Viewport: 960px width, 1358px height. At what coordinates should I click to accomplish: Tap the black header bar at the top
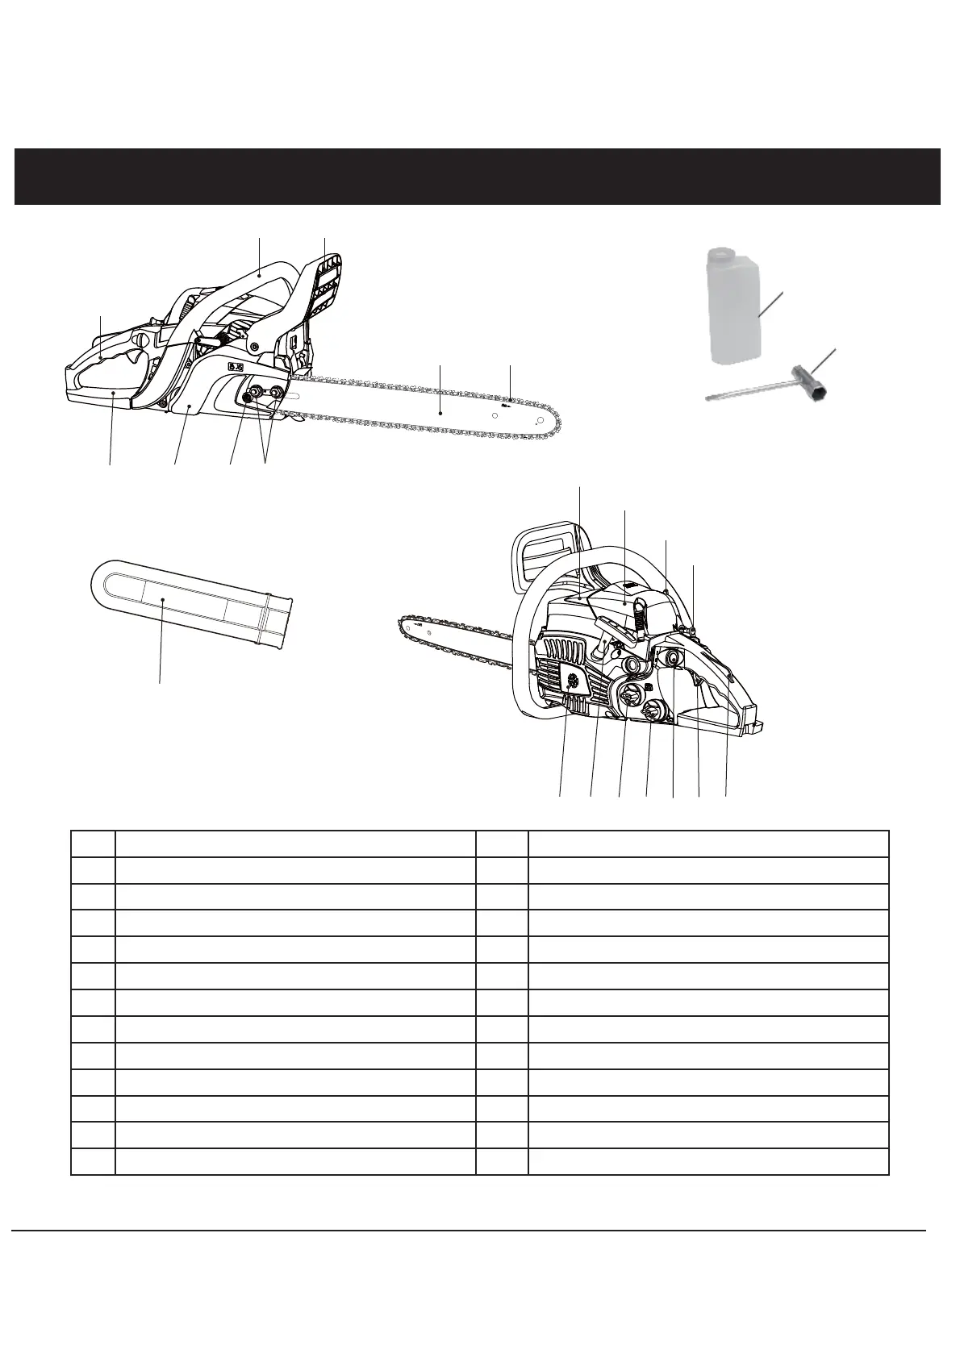tap(478, 176)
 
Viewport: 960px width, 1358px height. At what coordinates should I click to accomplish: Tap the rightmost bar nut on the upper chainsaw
tap(278, 393)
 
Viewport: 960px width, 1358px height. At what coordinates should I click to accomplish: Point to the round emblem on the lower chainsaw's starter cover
tap(574, 681)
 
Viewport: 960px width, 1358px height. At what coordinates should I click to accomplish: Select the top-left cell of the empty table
tap(94, 844)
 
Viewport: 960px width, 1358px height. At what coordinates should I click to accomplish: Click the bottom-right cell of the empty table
tap(707, 1160)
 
